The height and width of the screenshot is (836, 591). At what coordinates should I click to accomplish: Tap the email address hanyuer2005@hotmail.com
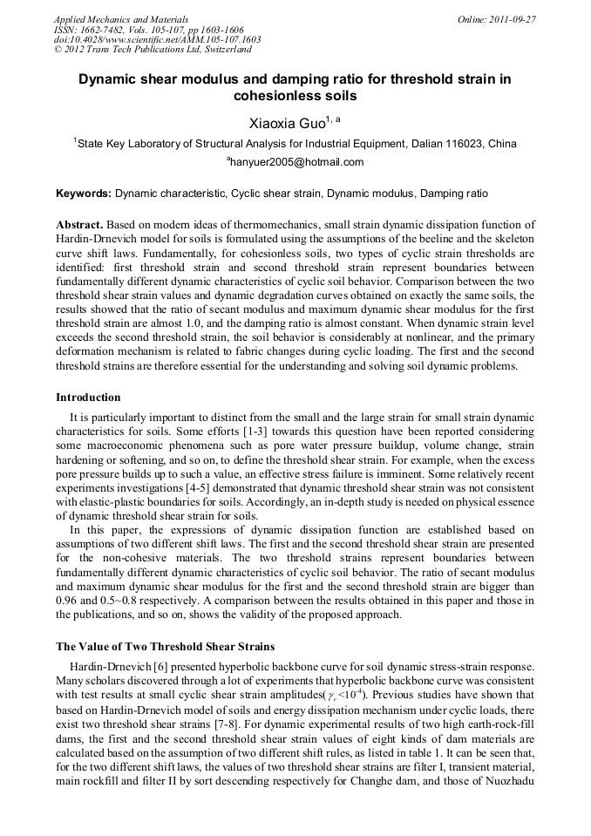296,162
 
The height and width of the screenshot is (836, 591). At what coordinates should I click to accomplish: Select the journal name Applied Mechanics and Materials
121,18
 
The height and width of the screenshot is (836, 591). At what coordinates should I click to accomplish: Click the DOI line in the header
157,39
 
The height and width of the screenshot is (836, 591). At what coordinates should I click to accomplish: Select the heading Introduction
88,398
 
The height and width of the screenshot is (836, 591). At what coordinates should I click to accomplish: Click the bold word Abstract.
80,225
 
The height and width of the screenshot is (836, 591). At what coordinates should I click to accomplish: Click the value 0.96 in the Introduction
68,588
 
